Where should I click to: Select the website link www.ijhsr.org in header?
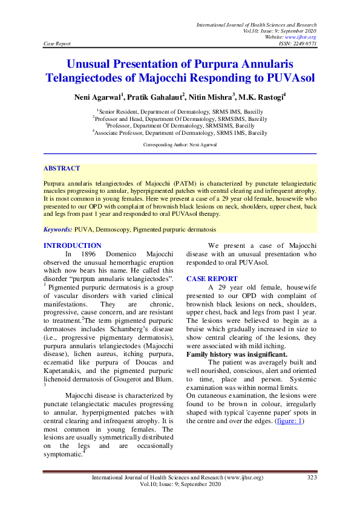(301, 37)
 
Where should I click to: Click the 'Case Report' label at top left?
(57, 44)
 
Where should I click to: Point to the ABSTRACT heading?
(62, 168)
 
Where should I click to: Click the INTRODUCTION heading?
(73, 245)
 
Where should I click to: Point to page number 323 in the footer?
(312, 478)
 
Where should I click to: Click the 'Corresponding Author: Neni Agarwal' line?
(180, 145)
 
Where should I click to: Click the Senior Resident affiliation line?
(180, 112)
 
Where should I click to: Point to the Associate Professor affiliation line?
(180, 132)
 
